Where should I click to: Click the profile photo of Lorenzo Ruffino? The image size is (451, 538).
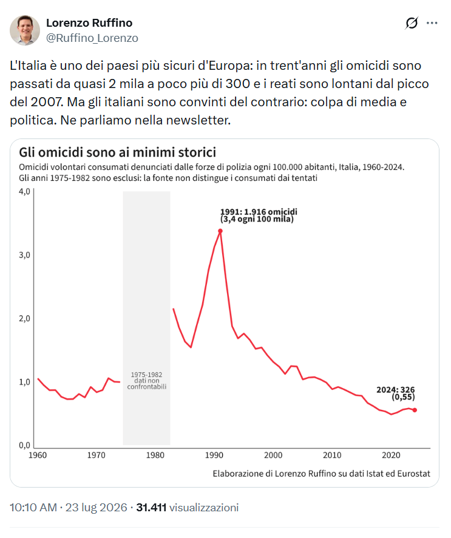click(25, 30)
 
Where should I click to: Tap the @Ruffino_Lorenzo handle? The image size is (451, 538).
click(92, 38)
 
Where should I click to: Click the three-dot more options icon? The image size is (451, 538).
click(432, 23)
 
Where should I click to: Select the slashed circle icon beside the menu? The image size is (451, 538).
click(412, 23)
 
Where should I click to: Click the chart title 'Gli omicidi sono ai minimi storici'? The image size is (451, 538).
click(118, 152)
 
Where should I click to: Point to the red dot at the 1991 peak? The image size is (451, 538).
click(220, 231)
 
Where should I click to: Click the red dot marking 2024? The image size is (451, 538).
click(415, 410)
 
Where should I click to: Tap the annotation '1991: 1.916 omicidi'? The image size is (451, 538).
click(259, 212)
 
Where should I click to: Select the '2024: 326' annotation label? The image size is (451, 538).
click(396, 390)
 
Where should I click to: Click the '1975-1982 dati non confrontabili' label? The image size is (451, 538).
click(147, 381)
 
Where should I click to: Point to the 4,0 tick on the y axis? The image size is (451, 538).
click(24, 191)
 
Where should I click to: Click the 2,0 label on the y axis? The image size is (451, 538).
click(24, 318)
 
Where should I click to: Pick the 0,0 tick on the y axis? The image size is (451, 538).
click(24, 445)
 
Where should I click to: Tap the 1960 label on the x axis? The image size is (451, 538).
click(38, 455)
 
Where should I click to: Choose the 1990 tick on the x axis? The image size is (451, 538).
click(214, 455)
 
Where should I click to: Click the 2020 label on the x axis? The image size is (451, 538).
click(391, 455)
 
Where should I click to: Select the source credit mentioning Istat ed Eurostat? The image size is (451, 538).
click(321, 474)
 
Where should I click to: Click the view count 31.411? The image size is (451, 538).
click(151, 508)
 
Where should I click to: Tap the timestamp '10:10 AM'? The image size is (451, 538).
click(33, 508)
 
